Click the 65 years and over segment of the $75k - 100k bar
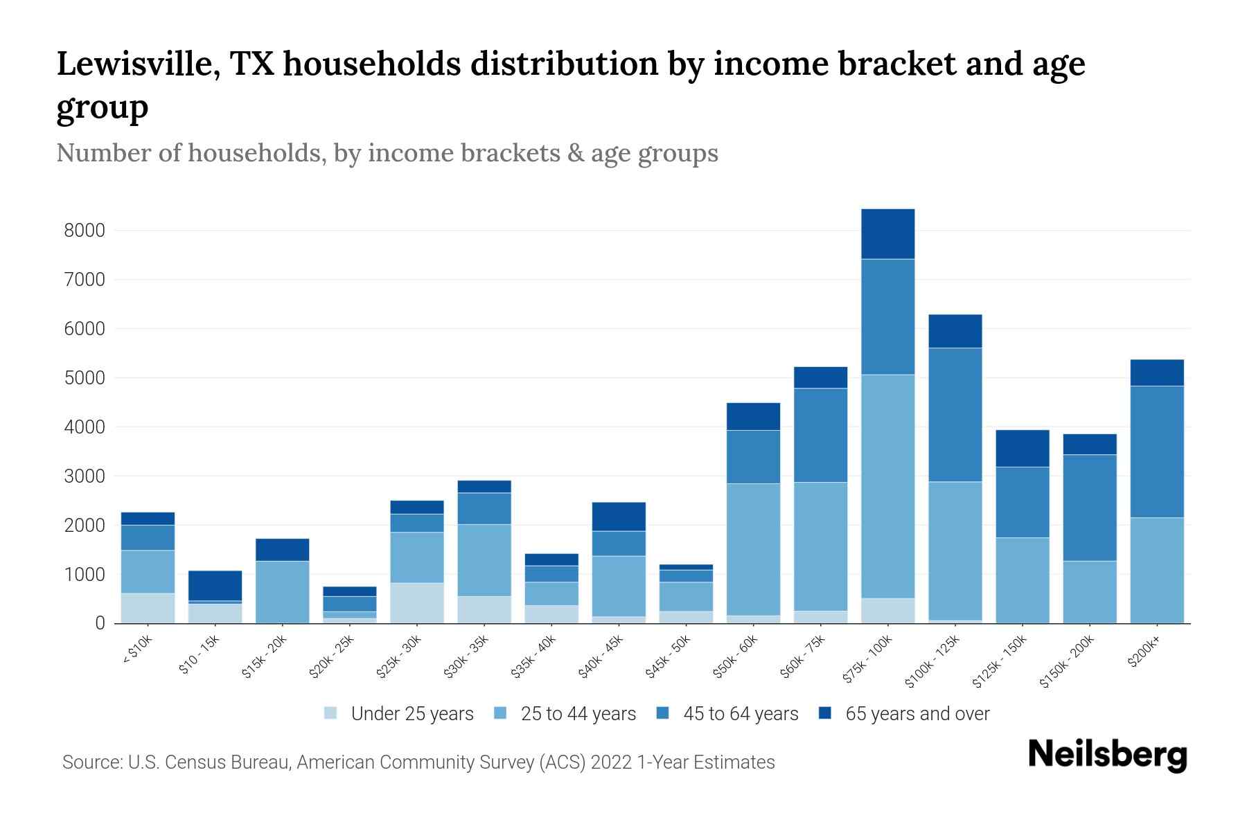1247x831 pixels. tap(887, 234)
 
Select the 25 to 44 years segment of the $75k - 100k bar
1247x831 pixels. tap(887, 486)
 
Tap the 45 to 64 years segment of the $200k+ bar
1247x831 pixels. tap(1156, 452)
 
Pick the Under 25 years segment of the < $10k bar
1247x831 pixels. tap(148, 608)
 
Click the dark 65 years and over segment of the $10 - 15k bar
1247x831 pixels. tap(215, 585)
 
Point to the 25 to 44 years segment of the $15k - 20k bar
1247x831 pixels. tap(282, 592)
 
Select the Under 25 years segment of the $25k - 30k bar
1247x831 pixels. tap(416, 602)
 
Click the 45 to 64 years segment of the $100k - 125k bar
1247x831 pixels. tap(955, 414)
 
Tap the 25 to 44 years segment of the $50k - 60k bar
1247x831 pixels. tap(753, 549)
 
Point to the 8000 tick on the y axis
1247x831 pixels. tap(85, 231)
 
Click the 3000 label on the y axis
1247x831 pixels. tap(85, 476)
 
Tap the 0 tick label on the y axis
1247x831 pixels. tap(100, 624)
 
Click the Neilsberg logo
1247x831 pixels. tap(1107, 755)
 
